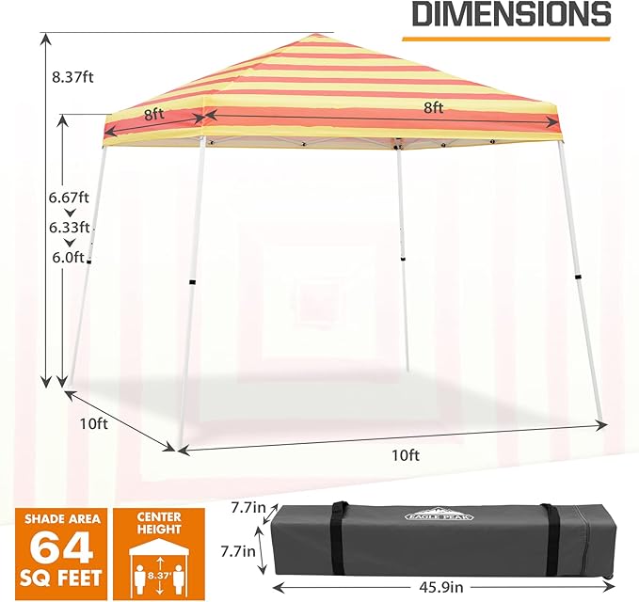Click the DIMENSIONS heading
tap(511, 14)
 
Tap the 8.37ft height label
tap(72, 76)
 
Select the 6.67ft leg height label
tap(69, 198)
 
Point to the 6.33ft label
tap(70, 228)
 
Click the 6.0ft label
tap(68, 258)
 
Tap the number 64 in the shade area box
tap(62, 547)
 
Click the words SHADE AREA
tap(62, 519)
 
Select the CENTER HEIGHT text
tap(159, 523)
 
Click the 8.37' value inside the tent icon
tap(158, 576)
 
